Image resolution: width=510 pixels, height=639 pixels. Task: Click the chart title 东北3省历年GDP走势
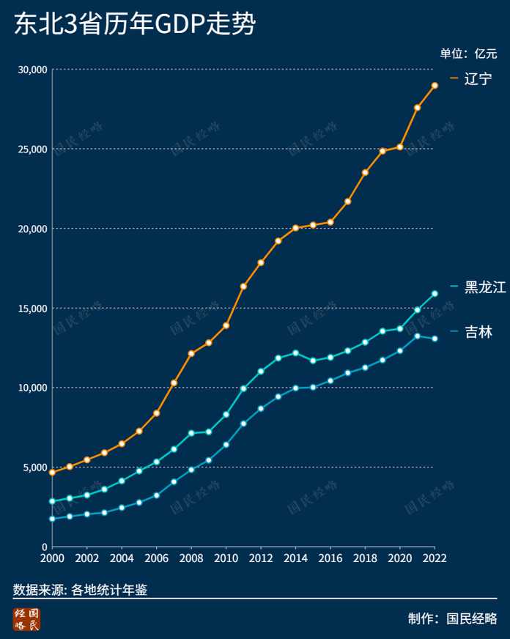pos(135,23)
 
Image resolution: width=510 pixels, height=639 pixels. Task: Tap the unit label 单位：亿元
pos(468,53)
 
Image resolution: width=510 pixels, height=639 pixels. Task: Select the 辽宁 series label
pos(478,78)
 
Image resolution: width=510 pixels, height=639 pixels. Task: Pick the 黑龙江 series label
pos(485,287)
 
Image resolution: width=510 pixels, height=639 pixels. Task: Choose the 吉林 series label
pos(478,332)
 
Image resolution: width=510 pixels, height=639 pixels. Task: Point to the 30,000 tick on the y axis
pos(32,70)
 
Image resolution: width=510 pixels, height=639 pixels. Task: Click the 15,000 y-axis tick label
pos(32,309)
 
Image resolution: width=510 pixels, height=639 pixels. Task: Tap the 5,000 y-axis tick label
pos(35,468)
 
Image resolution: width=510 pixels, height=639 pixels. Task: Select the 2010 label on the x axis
pos(226,558)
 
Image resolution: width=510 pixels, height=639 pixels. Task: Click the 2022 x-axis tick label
pos(435,558)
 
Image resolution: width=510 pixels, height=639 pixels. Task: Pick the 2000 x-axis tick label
pos(52,558)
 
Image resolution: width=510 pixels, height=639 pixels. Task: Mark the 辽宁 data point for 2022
pos(435,86)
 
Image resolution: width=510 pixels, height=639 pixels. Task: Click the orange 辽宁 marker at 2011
pos(243,287)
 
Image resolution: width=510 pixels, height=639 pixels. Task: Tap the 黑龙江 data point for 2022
pos(435,293)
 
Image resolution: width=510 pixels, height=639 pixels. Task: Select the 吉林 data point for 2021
pos(418,336)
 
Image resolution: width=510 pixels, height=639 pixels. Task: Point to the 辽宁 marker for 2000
pos(52,473)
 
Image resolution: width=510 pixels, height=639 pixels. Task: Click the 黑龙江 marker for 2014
pos(296,353)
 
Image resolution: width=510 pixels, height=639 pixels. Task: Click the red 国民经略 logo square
pos(26,619)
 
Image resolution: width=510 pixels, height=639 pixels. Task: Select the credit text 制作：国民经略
pos(453,618)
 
